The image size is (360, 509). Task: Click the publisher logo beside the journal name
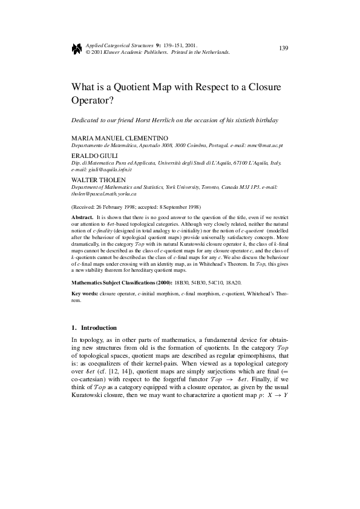click(x=77, y=48)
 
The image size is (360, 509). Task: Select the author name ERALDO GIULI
click(x=93, y=156)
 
